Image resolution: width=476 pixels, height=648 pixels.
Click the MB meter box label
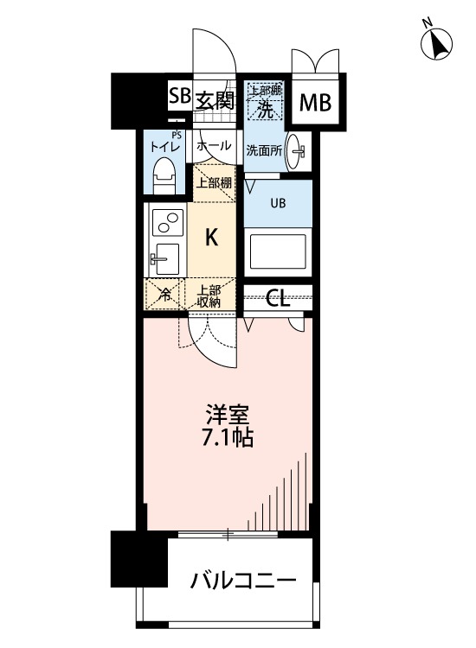tap(315, 104)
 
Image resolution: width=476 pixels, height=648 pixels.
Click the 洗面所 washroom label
tap(263, 149)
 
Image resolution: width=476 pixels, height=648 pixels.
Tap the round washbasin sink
tap(296, 150)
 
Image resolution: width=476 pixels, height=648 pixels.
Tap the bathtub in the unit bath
tap(276, 251)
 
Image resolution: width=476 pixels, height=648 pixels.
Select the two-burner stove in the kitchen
tap(166, 222)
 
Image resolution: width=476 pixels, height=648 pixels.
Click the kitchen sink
tap(166, 258)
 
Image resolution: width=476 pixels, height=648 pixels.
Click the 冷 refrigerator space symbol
tap(164, 295)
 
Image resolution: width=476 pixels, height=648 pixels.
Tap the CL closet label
tap(278, 298)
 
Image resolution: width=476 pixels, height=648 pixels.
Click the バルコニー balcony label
tap(244, 580)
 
